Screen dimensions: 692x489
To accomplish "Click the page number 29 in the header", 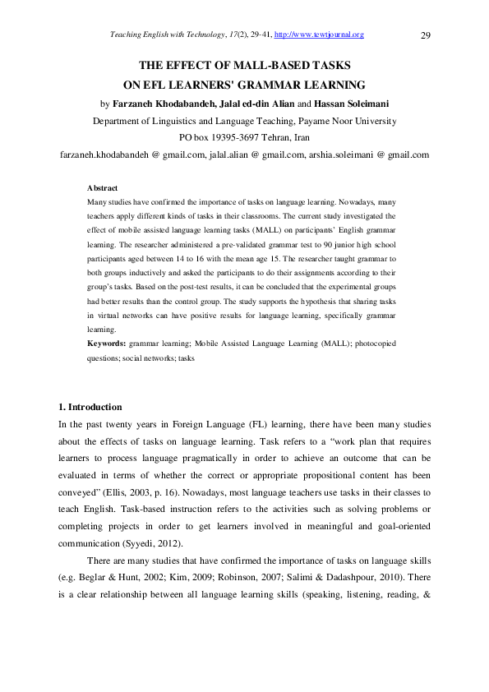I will (426, 35).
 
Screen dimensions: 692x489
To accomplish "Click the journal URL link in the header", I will (319, 35).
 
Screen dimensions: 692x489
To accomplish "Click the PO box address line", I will (244, 137).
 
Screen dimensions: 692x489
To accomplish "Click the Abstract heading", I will (102, 188).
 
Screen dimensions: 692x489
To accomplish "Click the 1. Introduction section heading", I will (90, 407).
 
